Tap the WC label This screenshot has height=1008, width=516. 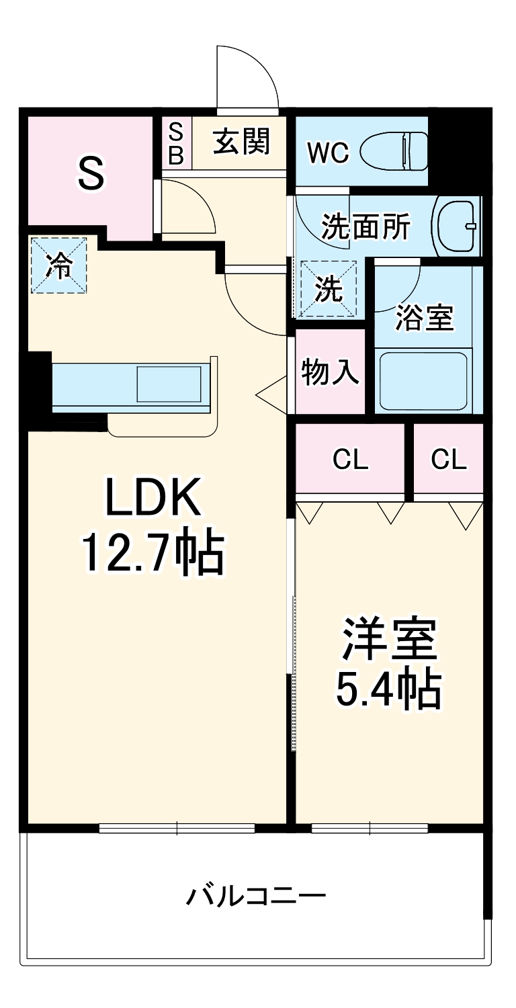[328, 153]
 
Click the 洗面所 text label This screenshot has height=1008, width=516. [365, 227]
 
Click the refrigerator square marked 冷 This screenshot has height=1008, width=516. [59, 266]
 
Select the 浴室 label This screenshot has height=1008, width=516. [425, 317]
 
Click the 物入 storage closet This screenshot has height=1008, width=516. [330, 371]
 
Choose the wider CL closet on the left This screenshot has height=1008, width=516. [351, 460]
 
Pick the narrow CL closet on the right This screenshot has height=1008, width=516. [449, 460]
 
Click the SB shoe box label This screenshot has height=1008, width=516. [175, 142]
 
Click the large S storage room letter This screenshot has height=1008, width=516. [91, 173]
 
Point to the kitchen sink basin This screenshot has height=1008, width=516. [169, 384]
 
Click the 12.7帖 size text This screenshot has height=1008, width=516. [153, 552]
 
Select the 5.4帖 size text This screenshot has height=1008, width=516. [388, 689]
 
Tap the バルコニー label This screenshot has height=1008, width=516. [256, 896]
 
